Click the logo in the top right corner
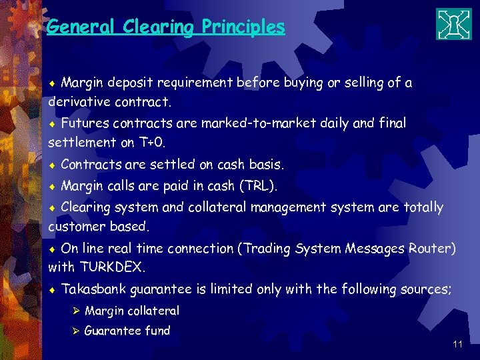click(453, 24)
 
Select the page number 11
click(457, 345)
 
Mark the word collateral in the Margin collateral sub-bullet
click(152, 311)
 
